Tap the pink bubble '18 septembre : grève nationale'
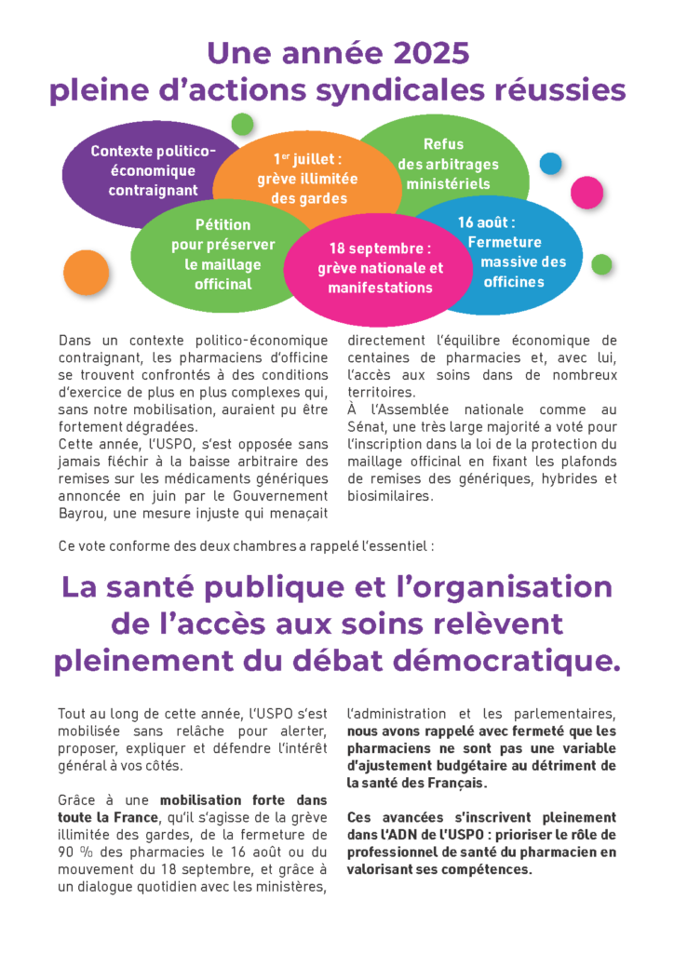coord(380,268)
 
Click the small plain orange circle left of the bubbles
coord(87,272)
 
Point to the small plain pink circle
coord(586,193)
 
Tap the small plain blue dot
coord(551,164)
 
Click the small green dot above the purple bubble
coord(242,124)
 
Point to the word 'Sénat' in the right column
coord(371,427)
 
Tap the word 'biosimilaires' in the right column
coord(390,496)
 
